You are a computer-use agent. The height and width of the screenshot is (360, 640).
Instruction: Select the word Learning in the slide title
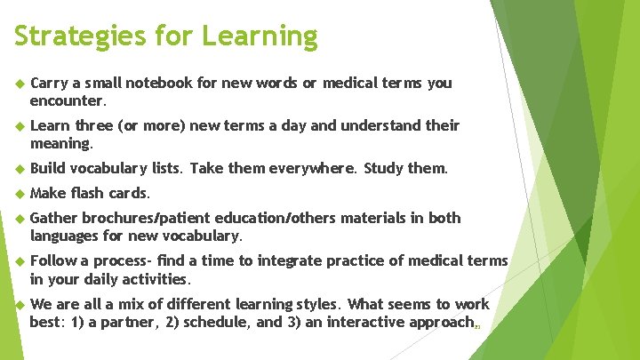point(259,36)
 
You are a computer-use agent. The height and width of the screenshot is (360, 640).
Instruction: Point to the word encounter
point(68,100)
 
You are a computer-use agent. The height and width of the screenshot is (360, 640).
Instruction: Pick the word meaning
point(60,143)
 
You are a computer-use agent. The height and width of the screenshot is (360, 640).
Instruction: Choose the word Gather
point(52,219)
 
